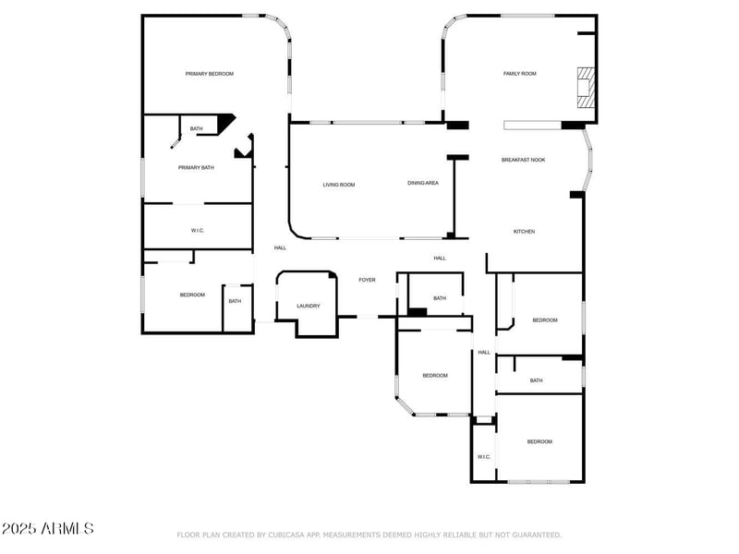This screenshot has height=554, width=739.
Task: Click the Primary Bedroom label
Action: click(x=209, y=74)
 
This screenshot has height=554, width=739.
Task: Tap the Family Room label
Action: click(x=519, y=74)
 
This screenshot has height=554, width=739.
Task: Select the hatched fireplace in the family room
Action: click(x=585, y=84)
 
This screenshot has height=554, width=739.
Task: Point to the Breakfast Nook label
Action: click(x=523, y=160)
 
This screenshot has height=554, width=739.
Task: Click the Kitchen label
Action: click(x=524, y=232)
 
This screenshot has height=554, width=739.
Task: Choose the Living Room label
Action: click(x=338, y=185)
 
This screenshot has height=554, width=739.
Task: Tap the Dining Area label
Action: click(x=423, y=183)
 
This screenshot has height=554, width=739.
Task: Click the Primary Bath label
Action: click(x=196, y=168)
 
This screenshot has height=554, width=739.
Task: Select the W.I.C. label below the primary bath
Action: click(x=197, y=230)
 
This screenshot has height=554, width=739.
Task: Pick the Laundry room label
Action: click(x=308, y=307)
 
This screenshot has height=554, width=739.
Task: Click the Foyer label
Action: click(x=367, y=280)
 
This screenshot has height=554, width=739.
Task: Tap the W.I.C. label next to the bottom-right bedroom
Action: click(x=483, y=457)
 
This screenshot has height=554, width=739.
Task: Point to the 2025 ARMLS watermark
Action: click(x=47, y=529)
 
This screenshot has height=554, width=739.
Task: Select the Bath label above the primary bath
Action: click(x=196, y=128)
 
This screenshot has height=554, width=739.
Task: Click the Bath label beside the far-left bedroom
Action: click(x=235, y=301)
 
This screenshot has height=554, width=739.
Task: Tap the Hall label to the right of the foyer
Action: click(x=440, y=259)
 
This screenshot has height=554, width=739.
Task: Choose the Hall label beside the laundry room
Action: click(x=280, y=247)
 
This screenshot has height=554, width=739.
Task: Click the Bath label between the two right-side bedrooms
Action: click(x=536, y=381)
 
